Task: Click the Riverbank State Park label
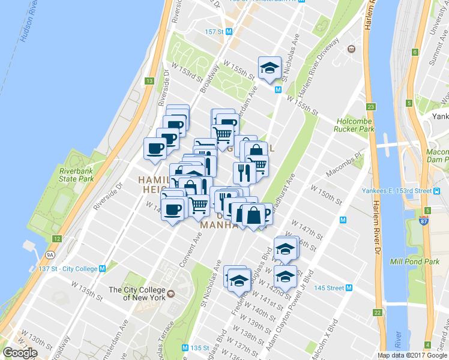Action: [x=76, y=175]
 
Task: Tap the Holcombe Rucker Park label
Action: [x=355, y=124]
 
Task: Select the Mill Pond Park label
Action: [x=415, y=262]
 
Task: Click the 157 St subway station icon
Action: [x=229, y=31]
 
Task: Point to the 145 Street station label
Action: [x=328, y=288]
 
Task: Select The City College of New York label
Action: [x=137, y=293]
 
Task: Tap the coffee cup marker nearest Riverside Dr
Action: [x=155, y=149]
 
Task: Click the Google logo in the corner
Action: [x=20, y=353]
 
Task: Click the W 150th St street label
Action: [x=326, y=193]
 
